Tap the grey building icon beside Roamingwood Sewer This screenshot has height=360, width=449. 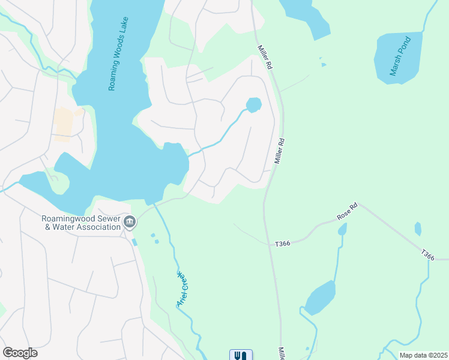point(129,223)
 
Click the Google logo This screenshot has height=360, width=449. point(20,353)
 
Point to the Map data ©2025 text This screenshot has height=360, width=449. point(423,355)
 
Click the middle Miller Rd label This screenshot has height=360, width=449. point(279,151)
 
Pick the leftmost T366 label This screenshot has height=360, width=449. point(282,244)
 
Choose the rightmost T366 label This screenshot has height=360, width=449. point(427,255)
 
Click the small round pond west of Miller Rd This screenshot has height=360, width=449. point(254,105)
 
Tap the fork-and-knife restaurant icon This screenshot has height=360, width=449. point(241,355)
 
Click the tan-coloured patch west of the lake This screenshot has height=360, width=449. point(64,123)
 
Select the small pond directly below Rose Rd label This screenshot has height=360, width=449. point(342,230)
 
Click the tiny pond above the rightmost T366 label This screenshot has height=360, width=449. point(418,229)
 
